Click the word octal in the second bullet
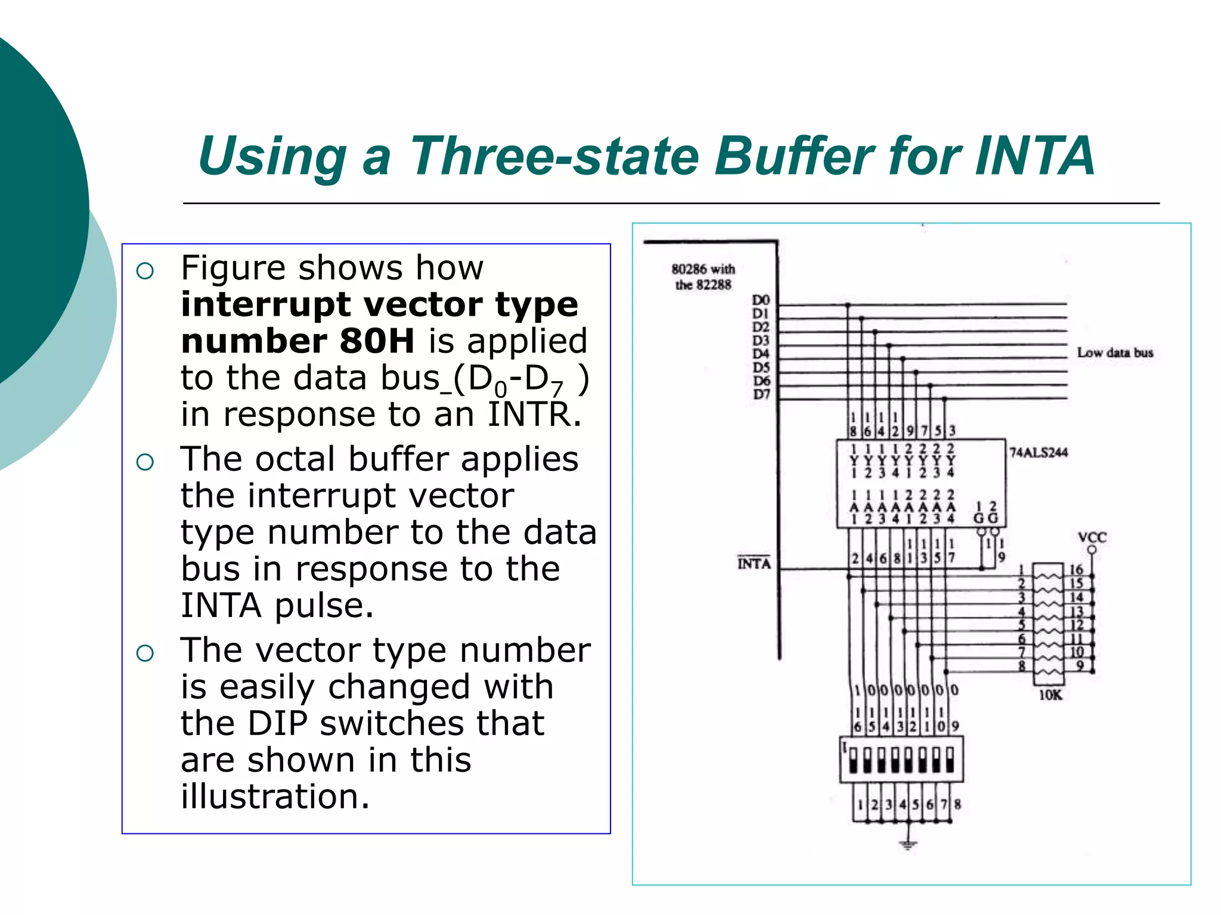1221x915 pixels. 298,459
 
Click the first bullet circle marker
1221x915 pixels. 145,272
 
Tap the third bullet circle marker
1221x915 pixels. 145,653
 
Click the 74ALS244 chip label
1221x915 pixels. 1038,453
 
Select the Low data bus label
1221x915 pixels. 1114,353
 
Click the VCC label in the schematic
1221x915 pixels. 1092,537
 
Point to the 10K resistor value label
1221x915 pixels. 1050,695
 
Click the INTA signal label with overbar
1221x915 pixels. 754,564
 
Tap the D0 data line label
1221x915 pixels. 760,300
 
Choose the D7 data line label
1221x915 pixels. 761,394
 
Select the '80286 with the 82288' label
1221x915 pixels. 703,277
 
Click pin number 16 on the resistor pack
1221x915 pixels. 1076,569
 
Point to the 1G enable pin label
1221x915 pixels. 979,513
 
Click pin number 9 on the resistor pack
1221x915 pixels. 1079,665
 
